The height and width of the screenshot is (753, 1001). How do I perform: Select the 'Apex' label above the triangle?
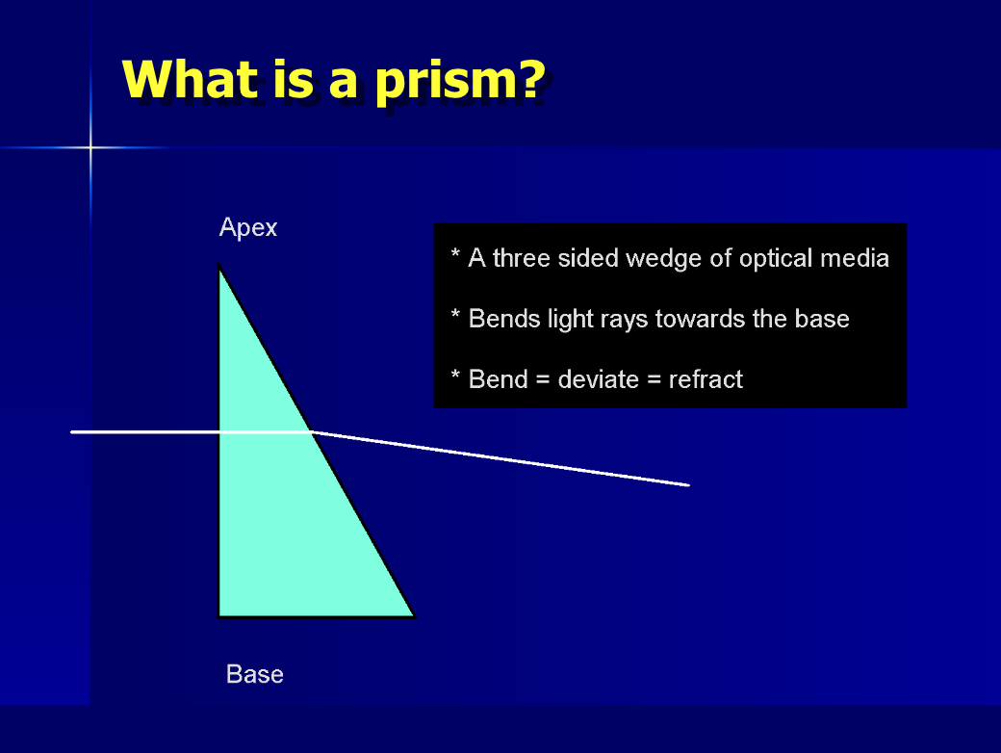248,228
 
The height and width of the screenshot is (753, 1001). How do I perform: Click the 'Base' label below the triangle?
255,674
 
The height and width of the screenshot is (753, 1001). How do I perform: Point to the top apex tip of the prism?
219,267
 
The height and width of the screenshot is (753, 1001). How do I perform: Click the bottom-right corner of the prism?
413,614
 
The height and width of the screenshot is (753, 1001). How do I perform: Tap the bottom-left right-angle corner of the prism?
220,614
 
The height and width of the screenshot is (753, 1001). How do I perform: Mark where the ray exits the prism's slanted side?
311,431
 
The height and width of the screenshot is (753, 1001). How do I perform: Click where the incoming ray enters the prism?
220,432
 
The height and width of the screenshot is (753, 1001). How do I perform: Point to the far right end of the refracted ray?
688,484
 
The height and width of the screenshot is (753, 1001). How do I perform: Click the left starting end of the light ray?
73,432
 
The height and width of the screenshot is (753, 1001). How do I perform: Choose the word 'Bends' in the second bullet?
500,319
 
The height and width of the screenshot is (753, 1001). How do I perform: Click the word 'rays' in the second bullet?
626,319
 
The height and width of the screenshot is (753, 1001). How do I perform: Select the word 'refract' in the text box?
706,379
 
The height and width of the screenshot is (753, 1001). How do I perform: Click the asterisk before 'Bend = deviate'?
455,376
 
